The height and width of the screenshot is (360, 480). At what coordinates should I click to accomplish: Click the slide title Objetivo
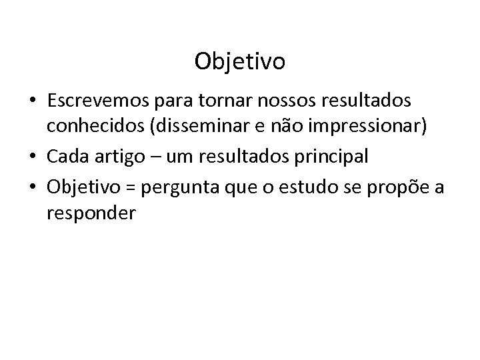point(240,61)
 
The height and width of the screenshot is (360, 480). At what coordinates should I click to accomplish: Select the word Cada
point(67,157)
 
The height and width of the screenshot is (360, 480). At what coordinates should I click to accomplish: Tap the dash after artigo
point(153,157)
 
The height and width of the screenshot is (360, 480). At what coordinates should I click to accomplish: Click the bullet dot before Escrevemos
point(34,101)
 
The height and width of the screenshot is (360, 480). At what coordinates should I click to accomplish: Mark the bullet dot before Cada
point(34,157)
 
